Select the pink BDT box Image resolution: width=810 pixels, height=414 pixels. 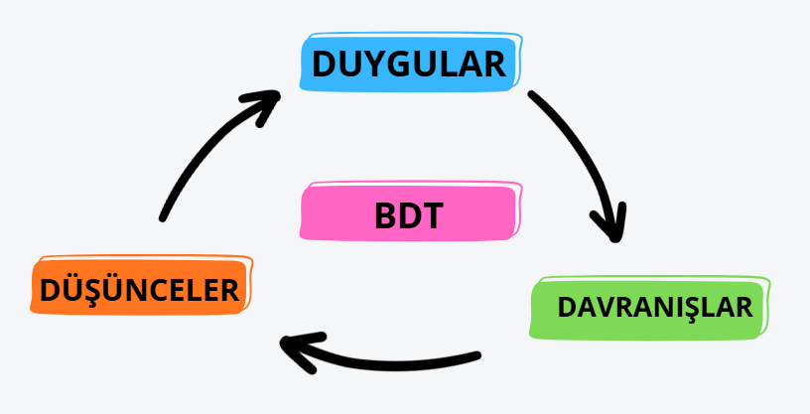[x=409, y=212]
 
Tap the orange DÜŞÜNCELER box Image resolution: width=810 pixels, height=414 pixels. [x=139, y=288]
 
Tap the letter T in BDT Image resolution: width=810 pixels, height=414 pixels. [x=430, y=214]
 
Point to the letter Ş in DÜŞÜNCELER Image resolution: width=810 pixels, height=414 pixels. [x=97, y=289]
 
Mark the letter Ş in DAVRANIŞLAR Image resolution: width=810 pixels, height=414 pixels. [x=694, y=307]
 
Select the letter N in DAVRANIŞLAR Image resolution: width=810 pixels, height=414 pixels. [x=666, y=307]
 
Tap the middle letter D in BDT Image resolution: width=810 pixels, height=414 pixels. [x=408, y=214]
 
